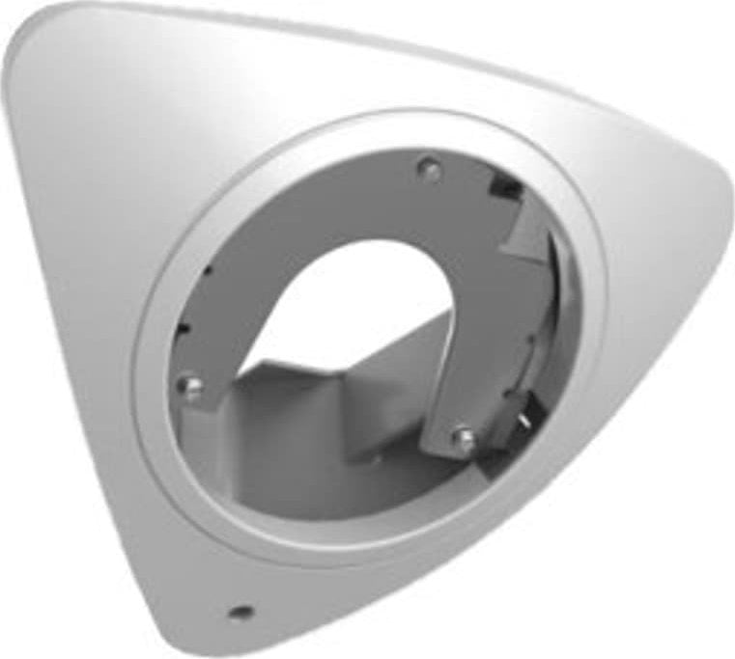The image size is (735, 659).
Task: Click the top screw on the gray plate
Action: click(x=430, y=171)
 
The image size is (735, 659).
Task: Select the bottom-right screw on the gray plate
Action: click(x=463, y=440)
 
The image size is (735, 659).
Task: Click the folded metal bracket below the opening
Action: click(x=319, y=405)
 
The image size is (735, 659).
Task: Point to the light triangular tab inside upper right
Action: click(x=526, y=232)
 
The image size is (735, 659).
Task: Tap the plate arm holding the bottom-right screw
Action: click(x=454, y=386)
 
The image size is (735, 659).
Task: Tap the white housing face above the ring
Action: click(x=319, y=77)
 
